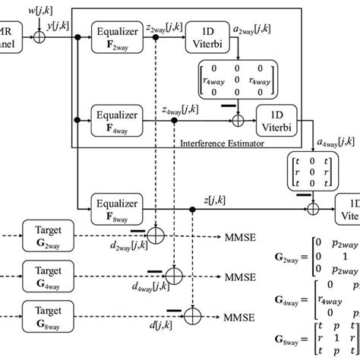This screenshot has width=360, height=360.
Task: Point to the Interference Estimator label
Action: pos(219,143)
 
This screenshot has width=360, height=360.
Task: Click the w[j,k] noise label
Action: pos(39,8)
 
